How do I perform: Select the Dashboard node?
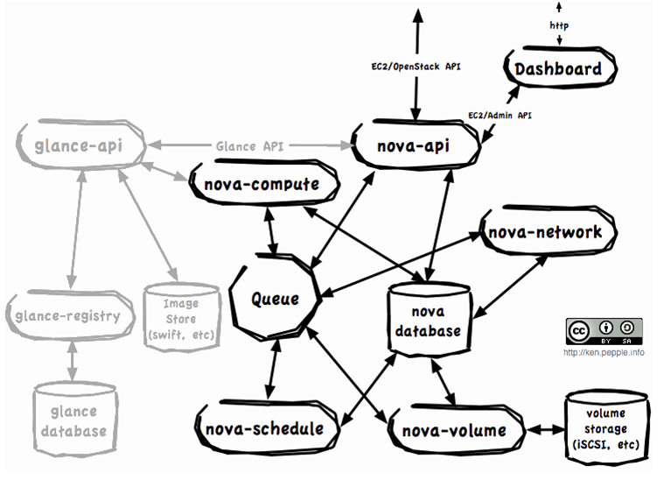[557, 69]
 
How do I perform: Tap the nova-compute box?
[255, 185]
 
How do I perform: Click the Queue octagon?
[275, 299]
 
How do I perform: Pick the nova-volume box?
[453, 430]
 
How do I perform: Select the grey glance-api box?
[81, 145]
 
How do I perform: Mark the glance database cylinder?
[71, 419]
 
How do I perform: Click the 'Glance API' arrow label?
[250, 146]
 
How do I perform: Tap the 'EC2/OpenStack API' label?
[416, 66]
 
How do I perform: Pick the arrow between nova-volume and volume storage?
[543, 430]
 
